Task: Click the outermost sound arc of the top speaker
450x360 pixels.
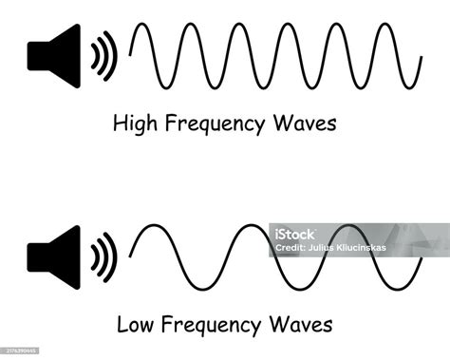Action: click(113, 54)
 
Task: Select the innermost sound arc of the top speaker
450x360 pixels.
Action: click(95, 54)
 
